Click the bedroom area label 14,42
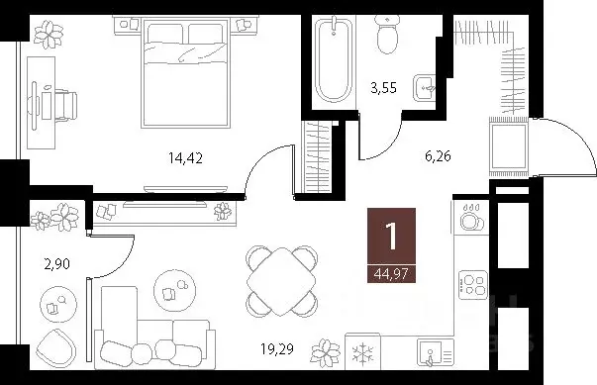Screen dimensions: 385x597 pos(186,153)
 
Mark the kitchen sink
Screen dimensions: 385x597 pos(432,351)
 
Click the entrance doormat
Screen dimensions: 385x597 pos(509,146)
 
